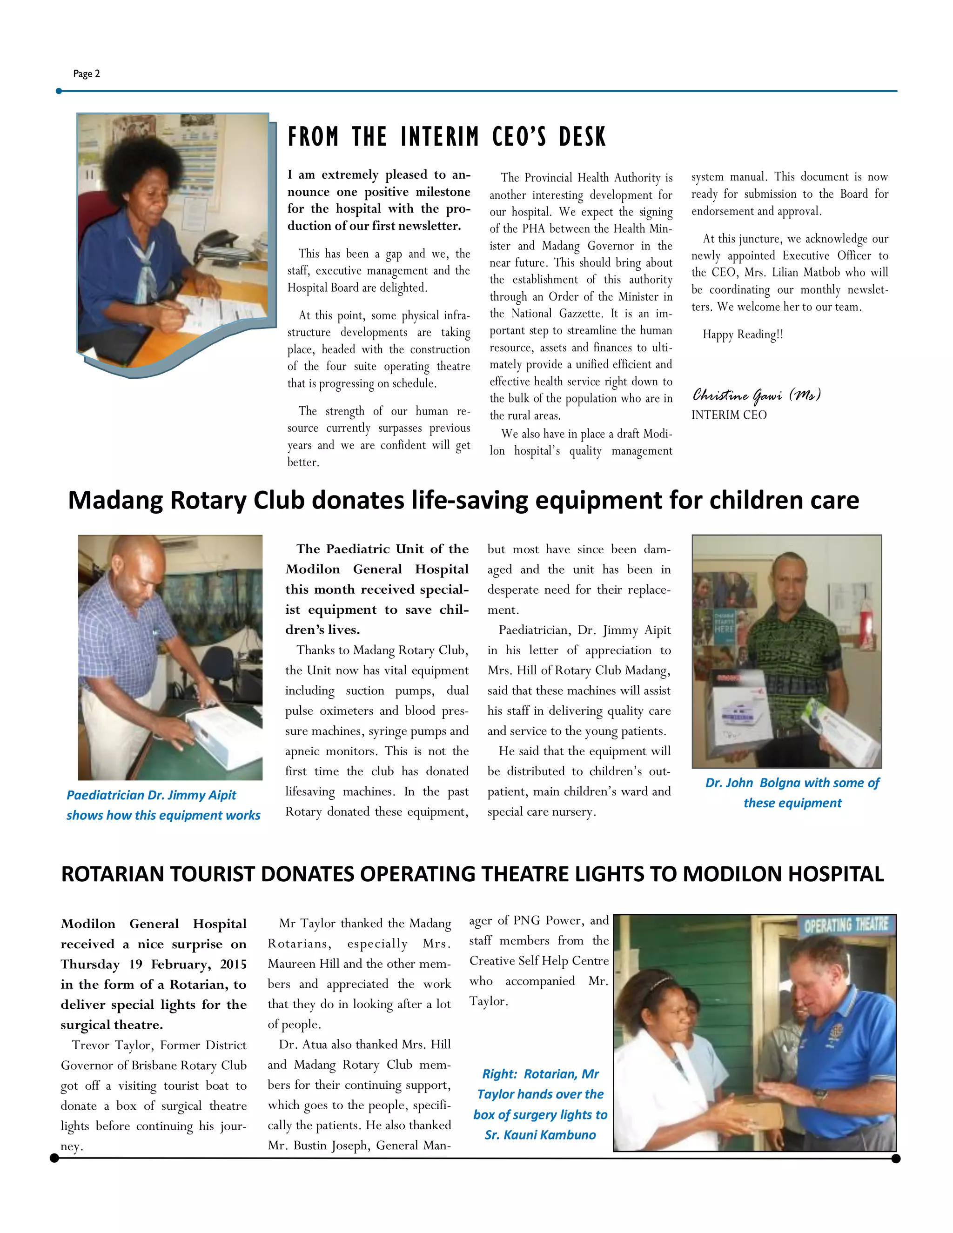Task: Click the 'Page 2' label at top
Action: (87, 74)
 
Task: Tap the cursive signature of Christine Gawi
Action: (756, 395)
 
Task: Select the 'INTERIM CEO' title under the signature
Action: (729, 415)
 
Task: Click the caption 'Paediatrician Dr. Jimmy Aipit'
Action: (151, 795)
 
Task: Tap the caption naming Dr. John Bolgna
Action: (792, 783)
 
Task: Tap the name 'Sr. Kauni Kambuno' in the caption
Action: (540, 1135)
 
